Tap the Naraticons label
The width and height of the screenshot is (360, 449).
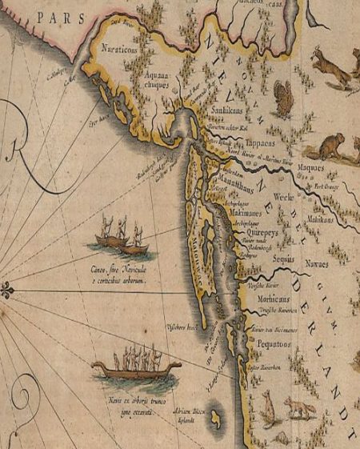[x=119, y=50]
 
